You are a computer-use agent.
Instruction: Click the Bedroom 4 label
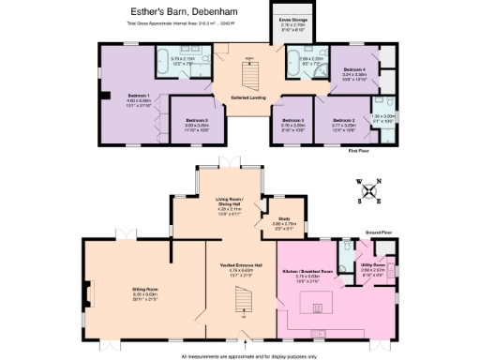(353, 70)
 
